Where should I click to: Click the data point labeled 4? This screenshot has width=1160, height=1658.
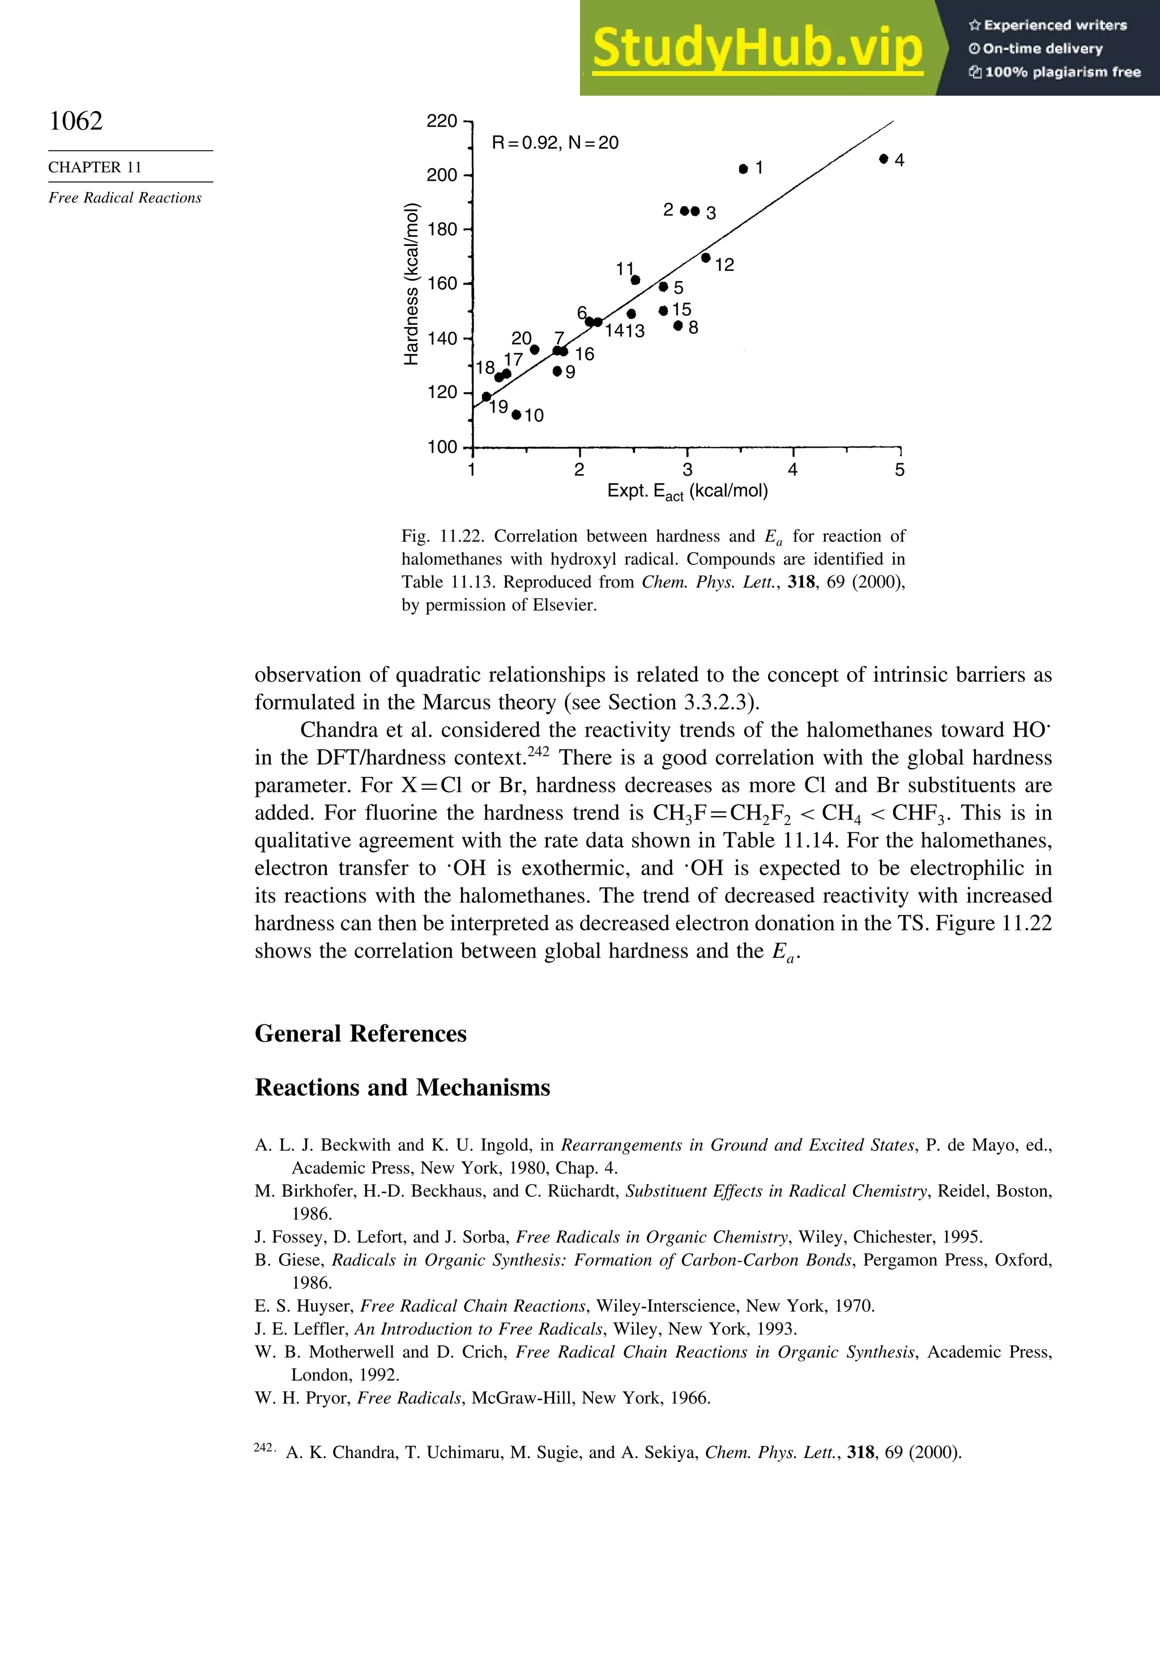coord(884,159)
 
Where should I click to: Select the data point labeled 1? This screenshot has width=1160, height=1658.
coord(744,169)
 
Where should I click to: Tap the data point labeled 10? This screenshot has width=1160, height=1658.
coord(516,415)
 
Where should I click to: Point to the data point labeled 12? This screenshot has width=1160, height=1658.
coord(706,258)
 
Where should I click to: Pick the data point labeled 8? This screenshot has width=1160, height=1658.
coord(678,326)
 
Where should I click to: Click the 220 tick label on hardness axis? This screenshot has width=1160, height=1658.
coord(442,121)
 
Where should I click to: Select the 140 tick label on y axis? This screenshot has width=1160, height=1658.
coord(442,338)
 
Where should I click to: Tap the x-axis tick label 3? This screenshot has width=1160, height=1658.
coord(687,470)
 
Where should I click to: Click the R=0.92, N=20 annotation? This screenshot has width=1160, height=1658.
coord(555,143)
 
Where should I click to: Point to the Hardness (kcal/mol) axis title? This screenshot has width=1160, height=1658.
coord(411,284)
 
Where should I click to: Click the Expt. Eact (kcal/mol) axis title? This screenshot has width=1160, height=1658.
coord(687,492)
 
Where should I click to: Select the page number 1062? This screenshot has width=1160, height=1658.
coord(76,121)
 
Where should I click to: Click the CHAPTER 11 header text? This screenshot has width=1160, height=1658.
coord(95,168)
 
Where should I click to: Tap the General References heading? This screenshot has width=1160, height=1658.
coord(360,1034)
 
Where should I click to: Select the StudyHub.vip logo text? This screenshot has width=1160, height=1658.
coord(757,48)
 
